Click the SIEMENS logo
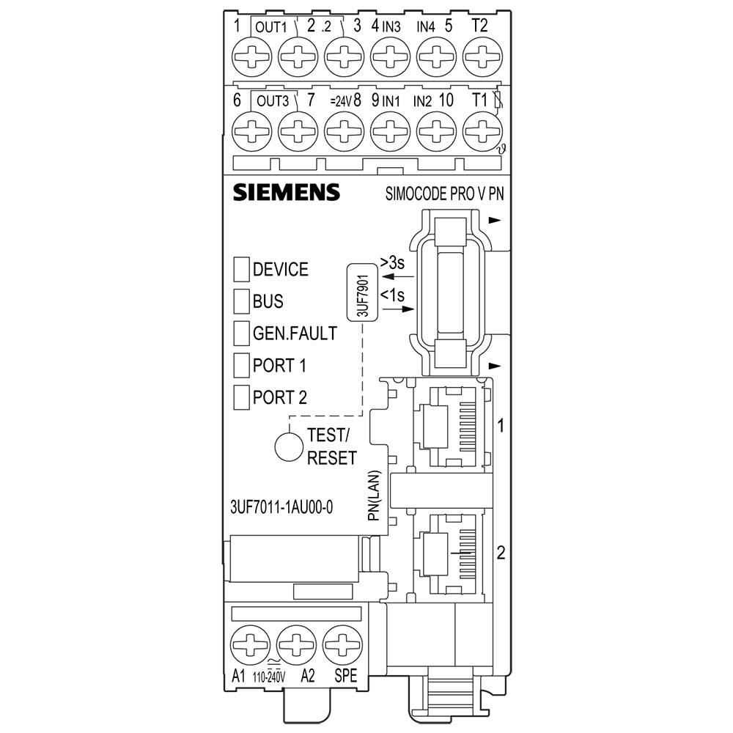[287, 192]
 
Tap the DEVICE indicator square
[241, 269]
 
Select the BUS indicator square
[241, 301]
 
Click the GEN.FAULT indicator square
[241, 333]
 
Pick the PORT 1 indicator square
[241, 364]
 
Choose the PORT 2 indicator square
[241, 397]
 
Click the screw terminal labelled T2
[479, 55]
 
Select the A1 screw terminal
[248, 644]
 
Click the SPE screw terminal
[341, 644]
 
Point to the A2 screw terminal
[295, 644]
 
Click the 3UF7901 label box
[362, 292]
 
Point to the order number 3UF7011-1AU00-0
[282, 507]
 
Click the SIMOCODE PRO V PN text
[449, 194]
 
